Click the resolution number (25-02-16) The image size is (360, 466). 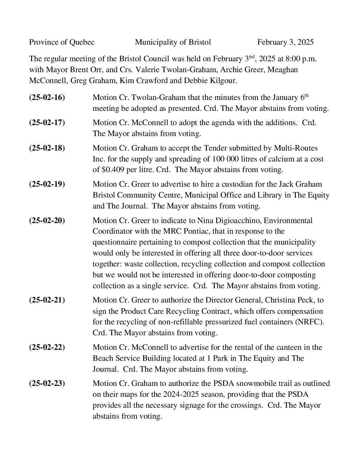coord(47,97)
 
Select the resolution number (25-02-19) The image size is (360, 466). coord(47,184)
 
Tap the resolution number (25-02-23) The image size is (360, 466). coord(47,383)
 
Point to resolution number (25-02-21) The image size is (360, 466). coord(47,300)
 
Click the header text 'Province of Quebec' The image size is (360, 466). coord(62,42)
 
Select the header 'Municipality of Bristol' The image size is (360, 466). coord(173,42)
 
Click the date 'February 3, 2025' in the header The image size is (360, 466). coord(285,42)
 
